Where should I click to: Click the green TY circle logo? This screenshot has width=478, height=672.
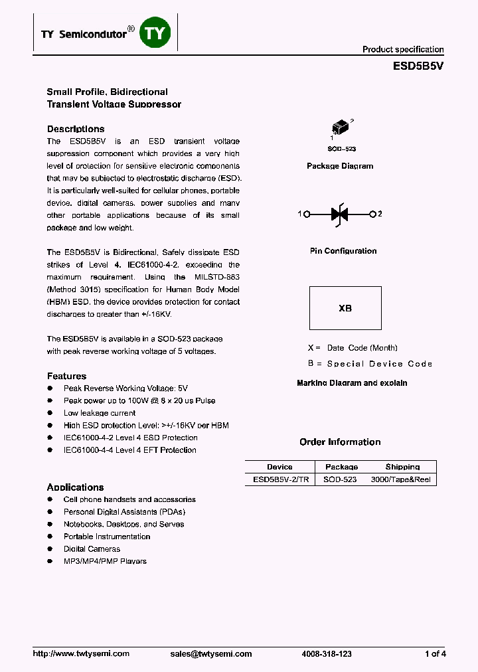click(x=155, y=34)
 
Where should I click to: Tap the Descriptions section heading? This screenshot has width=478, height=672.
click(x=76, y=129)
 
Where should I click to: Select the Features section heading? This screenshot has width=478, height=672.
click(x=66, y=376)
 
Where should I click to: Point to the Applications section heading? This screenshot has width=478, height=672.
click(x=75, y=487)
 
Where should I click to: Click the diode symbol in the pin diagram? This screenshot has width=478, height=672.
click(x=340, y=214)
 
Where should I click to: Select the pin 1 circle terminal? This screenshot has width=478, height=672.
click(x=307, y=214)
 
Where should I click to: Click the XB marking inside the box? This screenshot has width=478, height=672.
click(x=345, y=308)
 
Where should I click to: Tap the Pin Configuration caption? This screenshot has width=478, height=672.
click(x=343, y=251)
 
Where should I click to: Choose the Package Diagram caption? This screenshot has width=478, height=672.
click(x=340, y=166)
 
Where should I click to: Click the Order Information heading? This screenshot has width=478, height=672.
click(x=340, y=442)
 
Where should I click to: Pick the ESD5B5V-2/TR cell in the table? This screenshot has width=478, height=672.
click(x=280, y=479)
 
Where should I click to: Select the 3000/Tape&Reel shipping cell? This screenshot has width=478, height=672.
click(x=400, y=479)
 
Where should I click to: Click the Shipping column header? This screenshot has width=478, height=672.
click(x=402, y=467)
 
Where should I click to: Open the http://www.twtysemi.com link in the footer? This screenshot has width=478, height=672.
click(x=81, y=653)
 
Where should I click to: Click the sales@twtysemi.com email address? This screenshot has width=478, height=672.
click(x=211, y=653)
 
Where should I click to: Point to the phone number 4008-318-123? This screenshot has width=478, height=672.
click(x=327, y=653)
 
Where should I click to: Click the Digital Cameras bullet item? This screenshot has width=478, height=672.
click(x=92, y=548)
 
